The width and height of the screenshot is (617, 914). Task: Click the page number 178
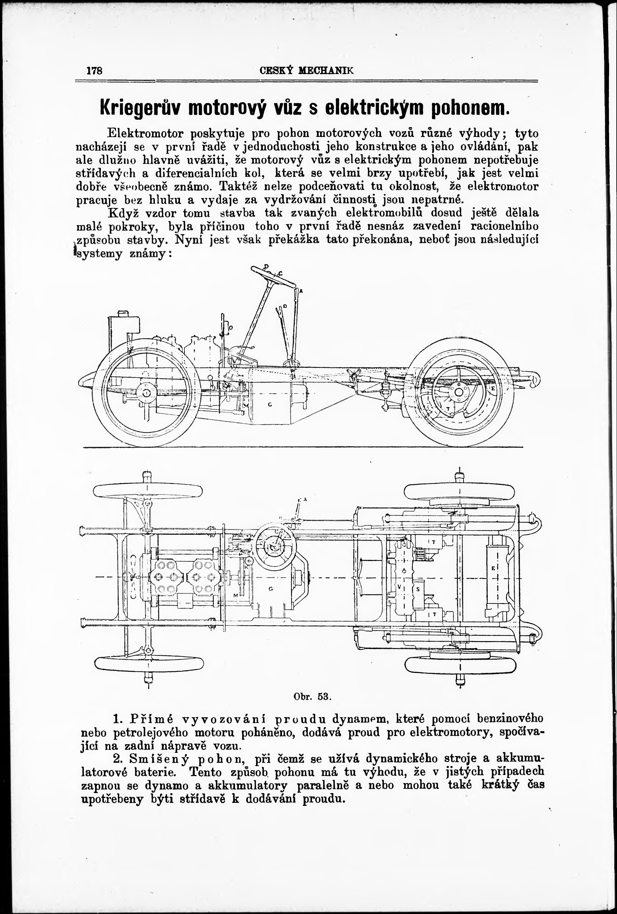pos(94,71)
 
